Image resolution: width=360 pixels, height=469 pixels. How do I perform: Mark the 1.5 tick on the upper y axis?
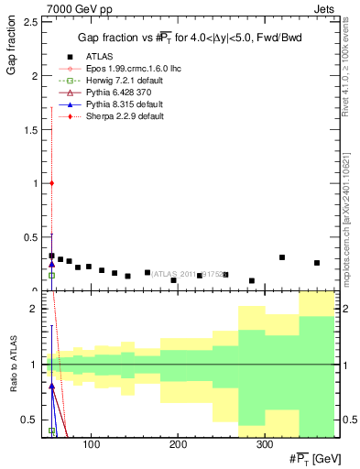[31, 129]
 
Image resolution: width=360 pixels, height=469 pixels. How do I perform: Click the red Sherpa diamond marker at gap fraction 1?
[52, 183]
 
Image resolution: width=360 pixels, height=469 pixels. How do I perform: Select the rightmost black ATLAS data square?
[317, 263]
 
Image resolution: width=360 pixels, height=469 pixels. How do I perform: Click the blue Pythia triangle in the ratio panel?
[52, 387]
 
